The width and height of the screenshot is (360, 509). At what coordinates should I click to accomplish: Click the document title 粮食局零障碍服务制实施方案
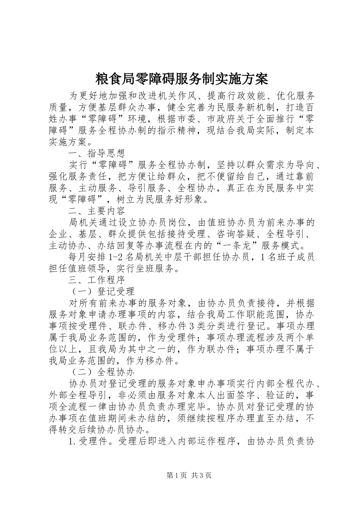pyautogui.click(x=180, y=79)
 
